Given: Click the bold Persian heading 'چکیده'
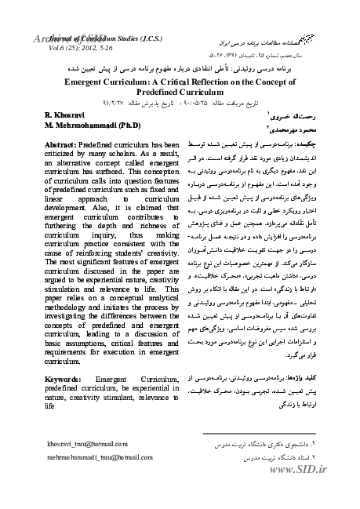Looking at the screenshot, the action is point(307,147).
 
